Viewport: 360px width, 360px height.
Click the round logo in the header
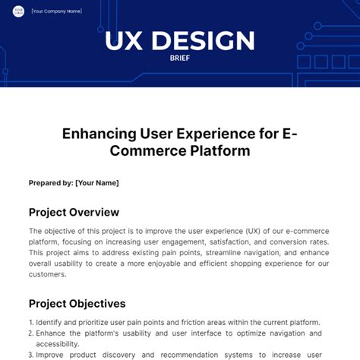pos(18,11)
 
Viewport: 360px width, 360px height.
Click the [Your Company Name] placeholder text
pos(57,11)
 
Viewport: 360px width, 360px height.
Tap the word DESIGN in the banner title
pos(203,40)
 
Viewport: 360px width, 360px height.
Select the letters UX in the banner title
pos(124,40)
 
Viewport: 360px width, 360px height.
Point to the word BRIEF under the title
pos(180,58)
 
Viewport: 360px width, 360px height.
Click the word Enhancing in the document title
pos(99,134)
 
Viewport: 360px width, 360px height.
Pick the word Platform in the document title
pos(220,150)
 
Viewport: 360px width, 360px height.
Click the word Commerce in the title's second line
pos(148,151)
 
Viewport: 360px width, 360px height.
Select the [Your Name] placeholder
pos(97,183)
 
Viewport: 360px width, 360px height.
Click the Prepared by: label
pos(51,183)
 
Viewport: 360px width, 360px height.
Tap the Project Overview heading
pos(74,212)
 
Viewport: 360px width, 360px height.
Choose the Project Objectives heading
pos(77,304)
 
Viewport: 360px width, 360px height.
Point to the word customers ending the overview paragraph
pos(47,274)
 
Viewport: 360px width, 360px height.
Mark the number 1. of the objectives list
pos(31,323)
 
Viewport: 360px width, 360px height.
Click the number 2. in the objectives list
pos(31,333)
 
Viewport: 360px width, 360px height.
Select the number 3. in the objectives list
pos(31,355)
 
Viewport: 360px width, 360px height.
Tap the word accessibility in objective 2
pos(58,344)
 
